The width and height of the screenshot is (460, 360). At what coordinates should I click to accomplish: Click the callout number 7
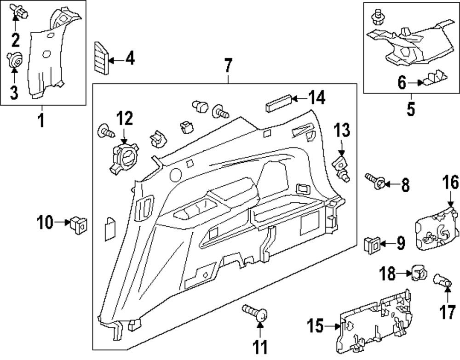[x=228, y=68]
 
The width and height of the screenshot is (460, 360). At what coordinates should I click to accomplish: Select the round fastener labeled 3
[x=14, y=59]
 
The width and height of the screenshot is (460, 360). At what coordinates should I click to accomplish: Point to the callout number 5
[x=410, y=109]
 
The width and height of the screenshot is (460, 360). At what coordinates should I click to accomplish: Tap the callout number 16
[x=451, y=183]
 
